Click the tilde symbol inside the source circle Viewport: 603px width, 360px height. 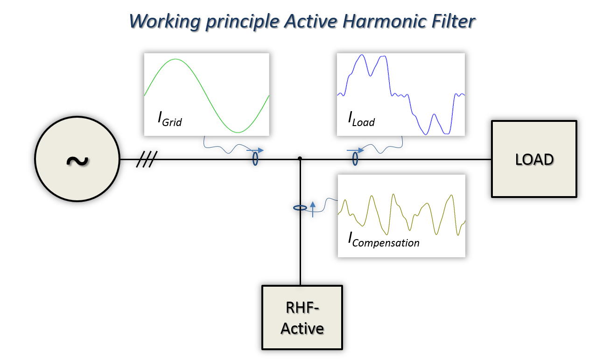[x=77, y=161]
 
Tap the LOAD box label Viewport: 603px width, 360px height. [x=534, y=159]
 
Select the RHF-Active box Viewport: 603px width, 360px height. [x=302, y=318]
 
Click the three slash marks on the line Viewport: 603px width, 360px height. [x=147, y=159]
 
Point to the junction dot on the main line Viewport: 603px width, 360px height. [x=300, y=158]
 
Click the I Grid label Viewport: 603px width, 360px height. [x=169, y=119]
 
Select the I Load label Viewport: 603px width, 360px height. [x=361, y=119]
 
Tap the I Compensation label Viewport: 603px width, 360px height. [x=384, y=240]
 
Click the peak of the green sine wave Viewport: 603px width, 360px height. [x=175, y=59]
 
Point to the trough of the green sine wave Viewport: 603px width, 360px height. [x=238, y=132]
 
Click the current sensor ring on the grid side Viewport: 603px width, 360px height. [x=255, y=159]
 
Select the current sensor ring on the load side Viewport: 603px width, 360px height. [x=355, y=159]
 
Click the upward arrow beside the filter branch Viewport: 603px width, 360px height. [x=313, y=210]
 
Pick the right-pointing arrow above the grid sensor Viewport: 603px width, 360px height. [x=255, y=150]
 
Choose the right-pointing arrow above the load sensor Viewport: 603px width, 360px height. [x=355, y=150]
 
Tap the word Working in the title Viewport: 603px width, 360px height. [x=165, y=22]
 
